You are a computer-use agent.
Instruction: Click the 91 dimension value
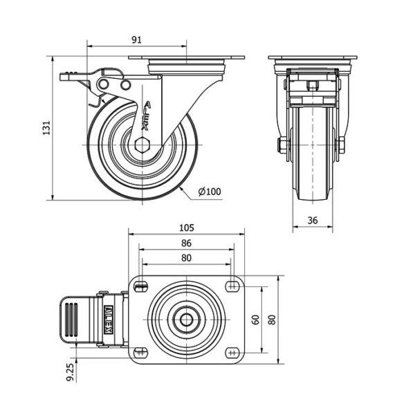[x=136, y=40]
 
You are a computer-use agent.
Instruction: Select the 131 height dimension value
[x=46, y=128]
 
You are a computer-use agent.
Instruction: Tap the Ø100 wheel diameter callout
[x=210, y=192]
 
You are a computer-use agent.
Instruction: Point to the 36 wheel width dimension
[x=313, y=220]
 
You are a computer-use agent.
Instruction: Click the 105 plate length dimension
[x=187, y=228]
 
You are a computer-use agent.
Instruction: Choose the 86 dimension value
[x=186, y=243]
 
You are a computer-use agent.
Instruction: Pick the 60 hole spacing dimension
[x=256, y=320]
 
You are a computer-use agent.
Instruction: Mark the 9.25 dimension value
[x=71, y=371]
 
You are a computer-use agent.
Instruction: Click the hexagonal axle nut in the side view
[x=142, y=145]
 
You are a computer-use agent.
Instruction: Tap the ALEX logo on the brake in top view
[x=109, y=320]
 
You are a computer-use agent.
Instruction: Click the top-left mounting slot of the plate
[x=140, y=286]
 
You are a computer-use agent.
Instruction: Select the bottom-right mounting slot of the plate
[x=232, y=353]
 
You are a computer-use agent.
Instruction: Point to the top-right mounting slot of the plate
[x=232, y=286]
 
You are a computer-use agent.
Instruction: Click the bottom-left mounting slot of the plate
[x=140, y=353]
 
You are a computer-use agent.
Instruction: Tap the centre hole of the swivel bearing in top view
[x=186, y=320]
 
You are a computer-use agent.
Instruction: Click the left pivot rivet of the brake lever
[x=103, y=84]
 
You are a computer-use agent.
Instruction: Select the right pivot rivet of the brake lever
[x=126, y=85]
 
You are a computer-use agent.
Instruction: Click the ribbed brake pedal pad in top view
[x=71, y=320]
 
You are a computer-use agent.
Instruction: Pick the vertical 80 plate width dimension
[x=272, y=320]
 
